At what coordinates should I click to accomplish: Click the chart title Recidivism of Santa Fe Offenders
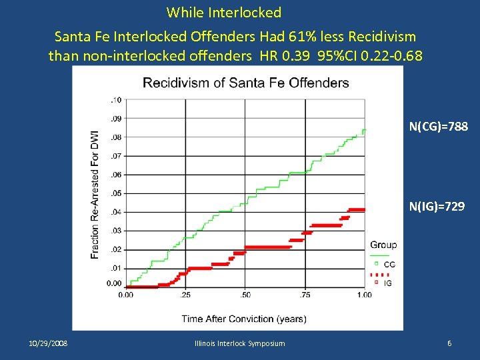pyautogui.click(x=245, y=83)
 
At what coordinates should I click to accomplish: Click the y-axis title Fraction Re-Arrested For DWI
pyautogui.click(x=95, y=194)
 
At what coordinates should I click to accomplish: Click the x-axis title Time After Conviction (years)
pyautogui.click(x=244, y=319)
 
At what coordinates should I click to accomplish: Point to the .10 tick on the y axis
pyautogui.click(x=115, y=100)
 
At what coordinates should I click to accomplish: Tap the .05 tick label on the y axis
pyautogui.click(x=115, y=193)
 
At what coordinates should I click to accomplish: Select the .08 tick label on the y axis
pyautogui.click(x=115, y=137)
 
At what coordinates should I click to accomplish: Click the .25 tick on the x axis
pyautogui.click(x=185, y=295)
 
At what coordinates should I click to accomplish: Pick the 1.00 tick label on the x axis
pyautogui.click(x=364, y=295)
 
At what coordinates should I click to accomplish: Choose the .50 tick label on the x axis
pyautogui.click(x=245, y=295)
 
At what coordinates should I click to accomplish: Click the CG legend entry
pyautogui.click(x=389, y=265)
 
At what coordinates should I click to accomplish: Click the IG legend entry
pyautogui.click(x=388, y=283)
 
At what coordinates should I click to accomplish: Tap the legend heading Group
pyautogui.click(x=383, y=245)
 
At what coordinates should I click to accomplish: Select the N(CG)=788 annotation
pyautogui.click(x=439, y=125)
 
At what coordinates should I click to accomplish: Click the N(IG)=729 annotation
pyautogui.click(x=439, y=207)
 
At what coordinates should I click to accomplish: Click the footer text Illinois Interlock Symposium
pyautogui.click(x=239, y=343)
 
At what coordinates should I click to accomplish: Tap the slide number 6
pyautogui.click(x=449, y=343)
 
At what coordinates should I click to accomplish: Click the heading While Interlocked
pyautogui.click(x=224, y=12)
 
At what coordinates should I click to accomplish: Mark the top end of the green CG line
pyautogui.click(x=365, y=130)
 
